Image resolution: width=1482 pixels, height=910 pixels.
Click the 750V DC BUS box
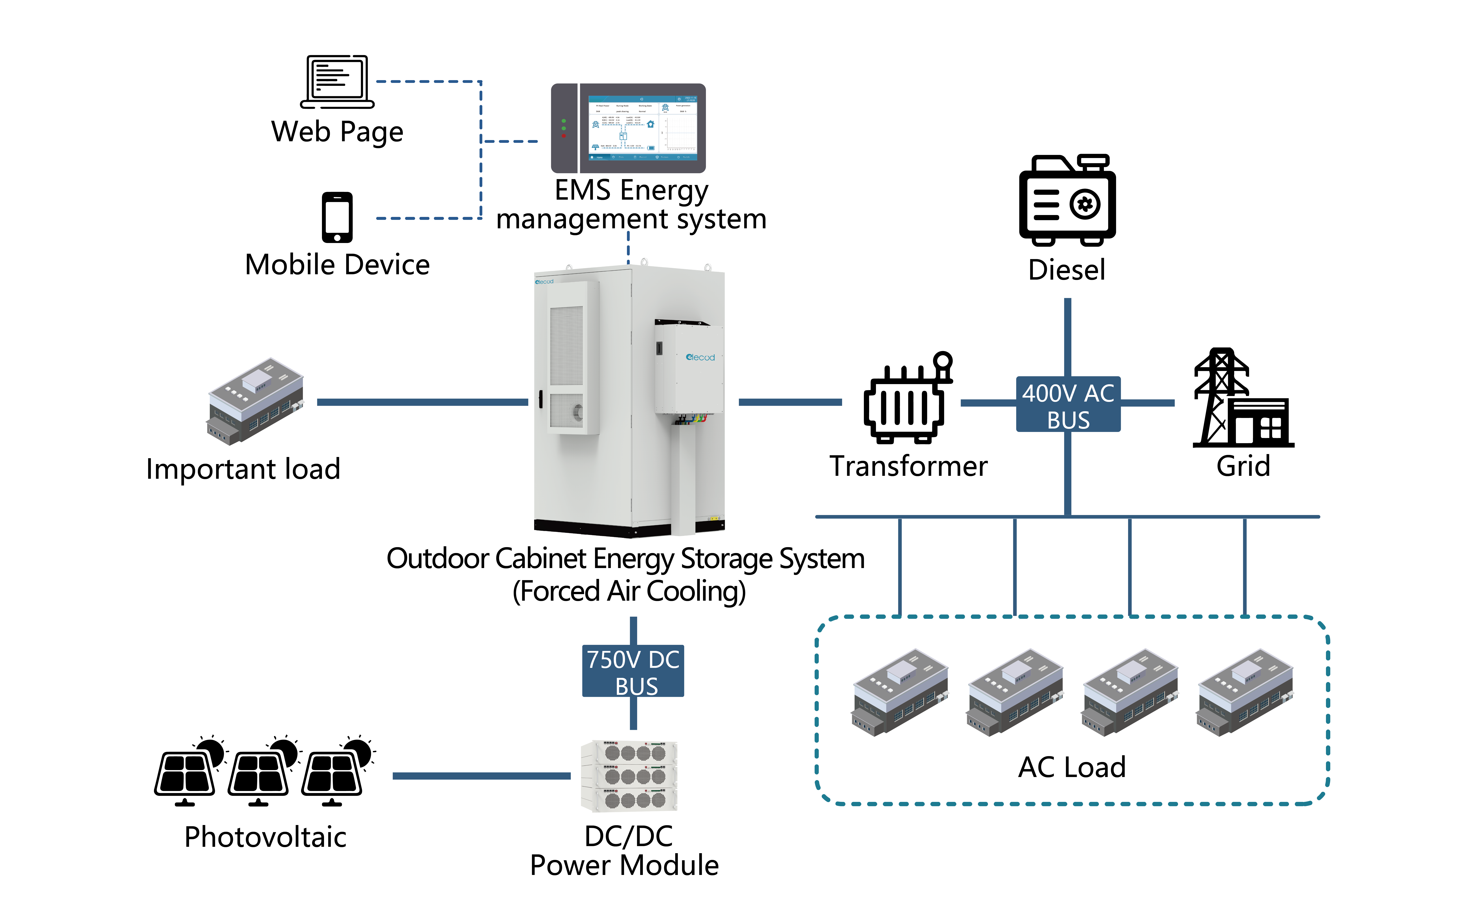pos(633,671)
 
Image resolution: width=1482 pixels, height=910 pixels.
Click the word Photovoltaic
pos(265,837)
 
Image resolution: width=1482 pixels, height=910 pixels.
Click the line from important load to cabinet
pos(421,402)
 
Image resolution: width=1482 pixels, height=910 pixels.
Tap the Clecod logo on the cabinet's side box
pos(700,358)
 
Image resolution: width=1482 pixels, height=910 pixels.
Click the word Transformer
pos(908,466)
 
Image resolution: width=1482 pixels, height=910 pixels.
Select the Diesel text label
pos(1067,270)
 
